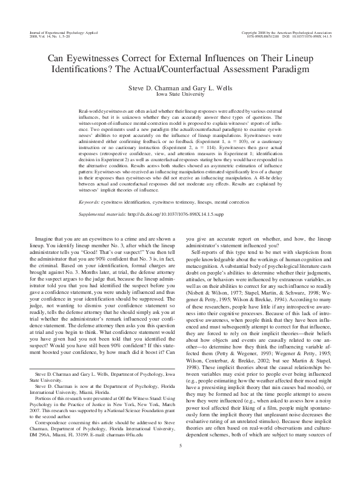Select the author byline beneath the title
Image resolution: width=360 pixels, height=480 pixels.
click(180, 87)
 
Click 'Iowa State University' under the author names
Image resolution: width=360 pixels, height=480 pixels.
click(180, 95)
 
